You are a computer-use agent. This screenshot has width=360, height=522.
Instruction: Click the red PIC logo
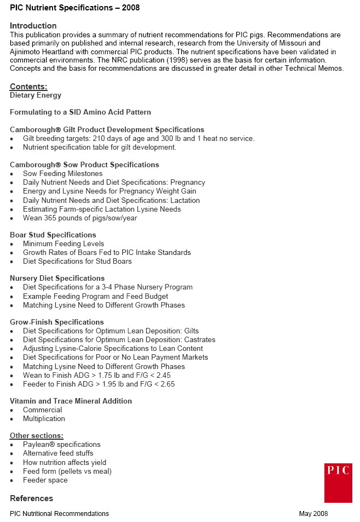338,482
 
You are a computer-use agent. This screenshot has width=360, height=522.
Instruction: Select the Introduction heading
33,26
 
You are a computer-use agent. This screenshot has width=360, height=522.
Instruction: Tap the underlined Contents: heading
28,87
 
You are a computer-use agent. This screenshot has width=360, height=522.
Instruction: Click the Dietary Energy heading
35,95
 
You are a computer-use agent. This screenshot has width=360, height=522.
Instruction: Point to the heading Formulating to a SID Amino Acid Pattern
80,112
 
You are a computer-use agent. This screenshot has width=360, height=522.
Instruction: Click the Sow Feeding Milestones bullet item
62,174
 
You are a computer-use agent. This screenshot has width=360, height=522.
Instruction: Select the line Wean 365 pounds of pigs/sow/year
80,218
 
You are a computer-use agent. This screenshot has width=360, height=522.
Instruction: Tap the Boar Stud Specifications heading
53,235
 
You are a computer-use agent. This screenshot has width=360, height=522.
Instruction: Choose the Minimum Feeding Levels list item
64,243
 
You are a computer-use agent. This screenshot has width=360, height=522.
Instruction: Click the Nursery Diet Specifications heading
57,278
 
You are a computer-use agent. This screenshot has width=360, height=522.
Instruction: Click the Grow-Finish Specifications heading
56,322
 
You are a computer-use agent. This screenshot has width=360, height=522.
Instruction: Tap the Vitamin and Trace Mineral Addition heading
71,401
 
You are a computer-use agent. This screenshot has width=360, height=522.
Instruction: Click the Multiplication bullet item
44,418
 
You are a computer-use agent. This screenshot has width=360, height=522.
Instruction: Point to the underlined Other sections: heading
36,435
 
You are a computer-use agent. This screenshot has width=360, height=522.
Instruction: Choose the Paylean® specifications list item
61,444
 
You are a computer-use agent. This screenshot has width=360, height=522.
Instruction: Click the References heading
31,498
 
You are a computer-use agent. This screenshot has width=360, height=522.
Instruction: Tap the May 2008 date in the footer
313,514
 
